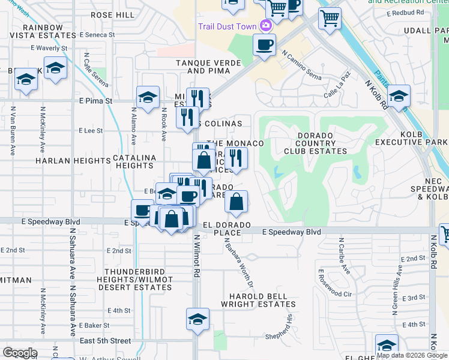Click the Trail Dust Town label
pos(227,26)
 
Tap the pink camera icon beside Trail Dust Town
pos(265,26)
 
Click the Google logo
pos(20,353)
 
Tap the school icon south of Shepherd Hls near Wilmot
pos(197,320)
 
